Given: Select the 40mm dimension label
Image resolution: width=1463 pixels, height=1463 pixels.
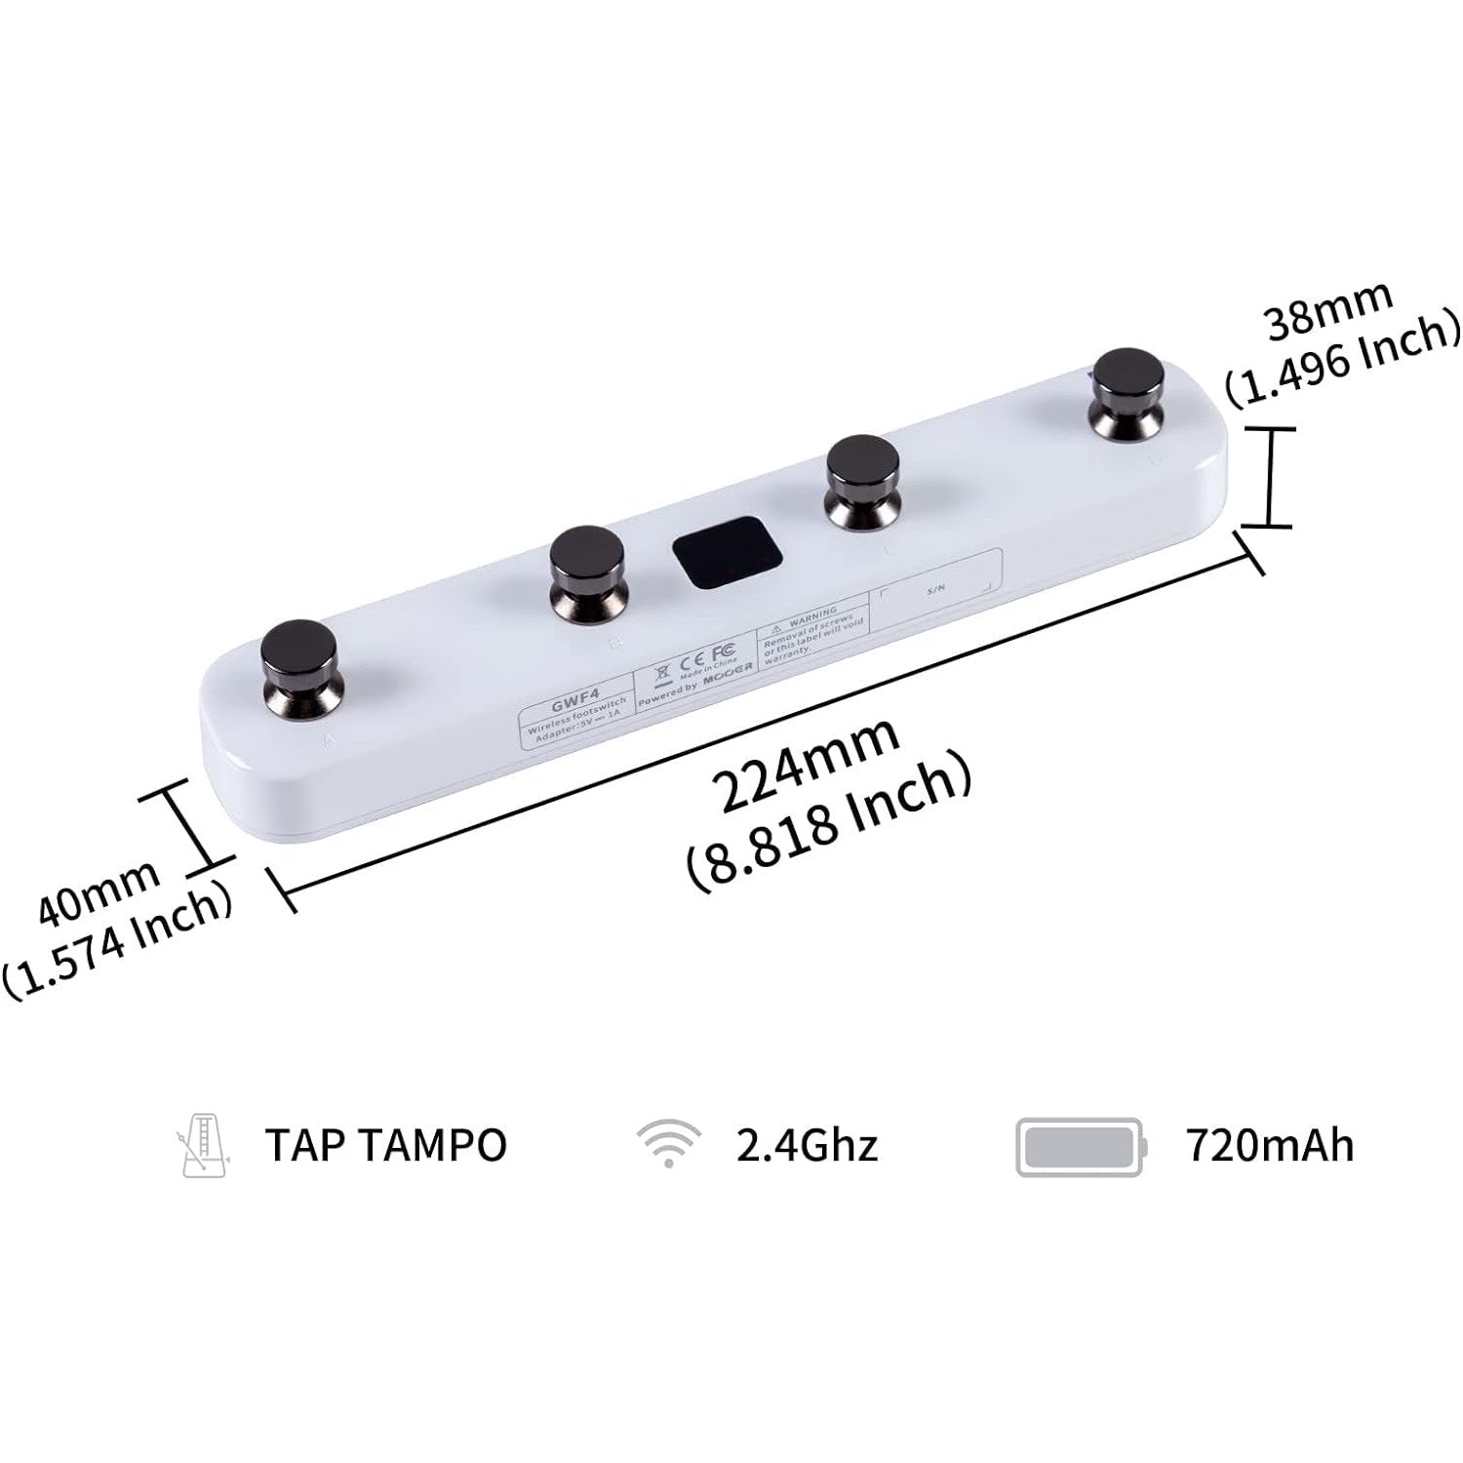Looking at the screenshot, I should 99,891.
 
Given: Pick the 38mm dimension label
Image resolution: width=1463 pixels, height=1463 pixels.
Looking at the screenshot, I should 1328,308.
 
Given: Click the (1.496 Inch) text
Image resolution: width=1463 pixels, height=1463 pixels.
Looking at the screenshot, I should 1344,359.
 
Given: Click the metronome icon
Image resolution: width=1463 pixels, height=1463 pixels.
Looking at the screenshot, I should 203,1145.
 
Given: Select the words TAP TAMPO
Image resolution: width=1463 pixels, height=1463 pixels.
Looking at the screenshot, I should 386,1145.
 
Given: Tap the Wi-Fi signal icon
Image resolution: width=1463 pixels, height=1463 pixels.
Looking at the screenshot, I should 668,1143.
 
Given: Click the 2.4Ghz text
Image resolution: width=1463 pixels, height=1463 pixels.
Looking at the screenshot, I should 807,1145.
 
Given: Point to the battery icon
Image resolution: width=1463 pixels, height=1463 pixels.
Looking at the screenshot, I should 1080,1146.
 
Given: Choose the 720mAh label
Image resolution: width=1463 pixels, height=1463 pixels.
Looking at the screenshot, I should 1270,1145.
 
